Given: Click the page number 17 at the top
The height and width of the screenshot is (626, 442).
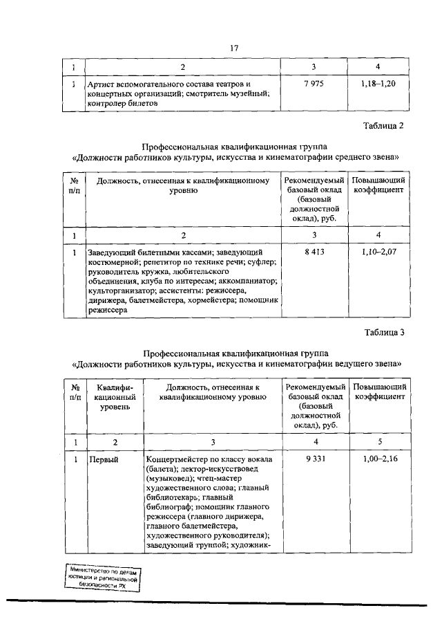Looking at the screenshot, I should [233, 48].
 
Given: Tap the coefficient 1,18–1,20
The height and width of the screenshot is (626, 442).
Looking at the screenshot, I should [379, 84].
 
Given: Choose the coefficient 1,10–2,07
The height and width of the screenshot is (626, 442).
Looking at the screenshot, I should [379, 252].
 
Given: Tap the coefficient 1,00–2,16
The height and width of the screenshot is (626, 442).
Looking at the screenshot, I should [379, 459].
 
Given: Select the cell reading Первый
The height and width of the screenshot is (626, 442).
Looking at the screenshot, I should [101, 459].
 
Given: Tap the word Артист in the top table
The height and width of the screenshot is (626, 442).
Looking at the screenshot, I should [99, 84].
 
